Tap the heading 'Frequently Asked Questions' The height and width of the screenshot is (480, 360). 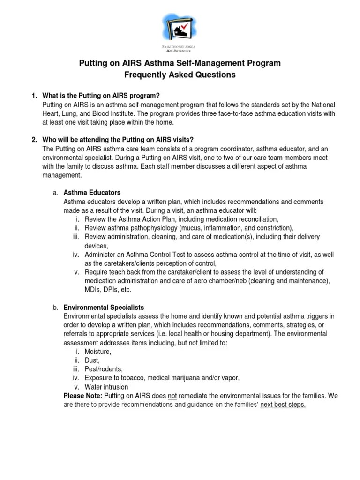click(x=180, y=75)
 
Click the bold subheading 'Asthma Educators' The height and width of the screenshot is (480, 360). click(x=92, y=193)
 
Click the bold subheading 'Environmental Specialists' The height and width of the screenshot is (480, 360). click(x=104, y=307)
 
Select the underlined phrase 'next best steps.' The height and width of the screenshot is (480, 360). click(x=283, y=405)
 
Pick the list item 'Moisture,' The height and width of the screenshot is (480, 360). click(x=98, y=352)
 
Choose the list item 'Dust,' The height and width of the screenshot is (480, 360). click(x=92, y=360)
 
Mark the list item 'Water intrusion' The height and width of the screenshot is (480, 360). click(x=106, y=387)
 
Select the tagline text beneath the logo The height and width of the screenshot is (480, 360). click(x=180, y=49)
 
